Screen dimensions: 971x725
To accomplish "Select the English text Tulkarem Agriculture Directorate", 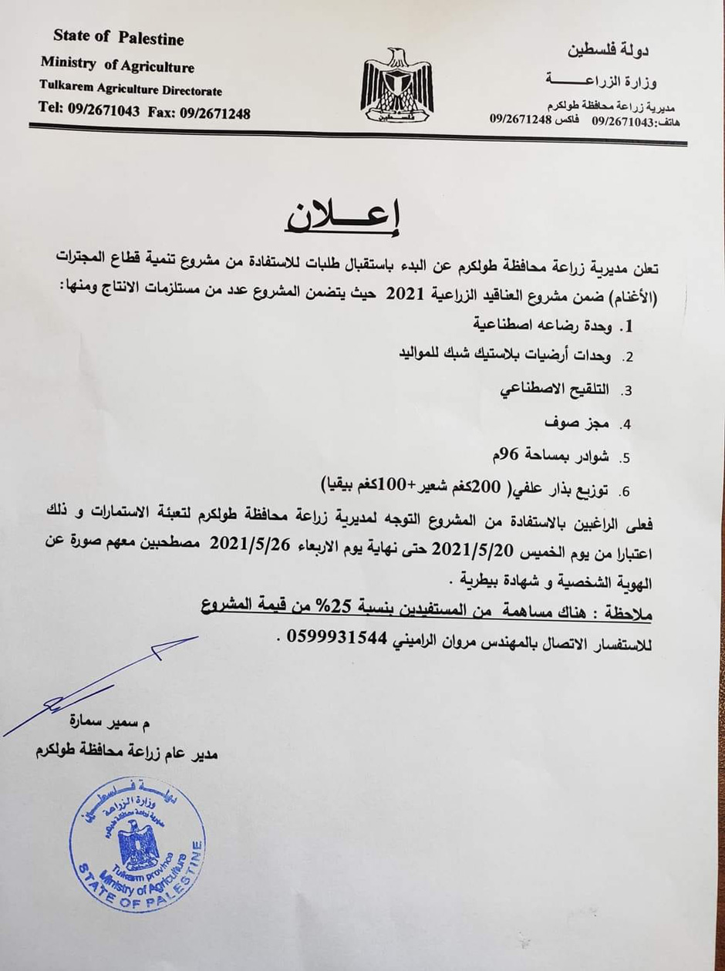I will [130, 89].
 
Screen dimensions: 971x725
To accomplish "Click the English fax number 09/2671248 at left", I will [216, 113].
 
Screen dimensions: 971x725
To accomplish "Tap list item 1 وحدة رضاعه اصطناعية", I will [564, 327].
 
